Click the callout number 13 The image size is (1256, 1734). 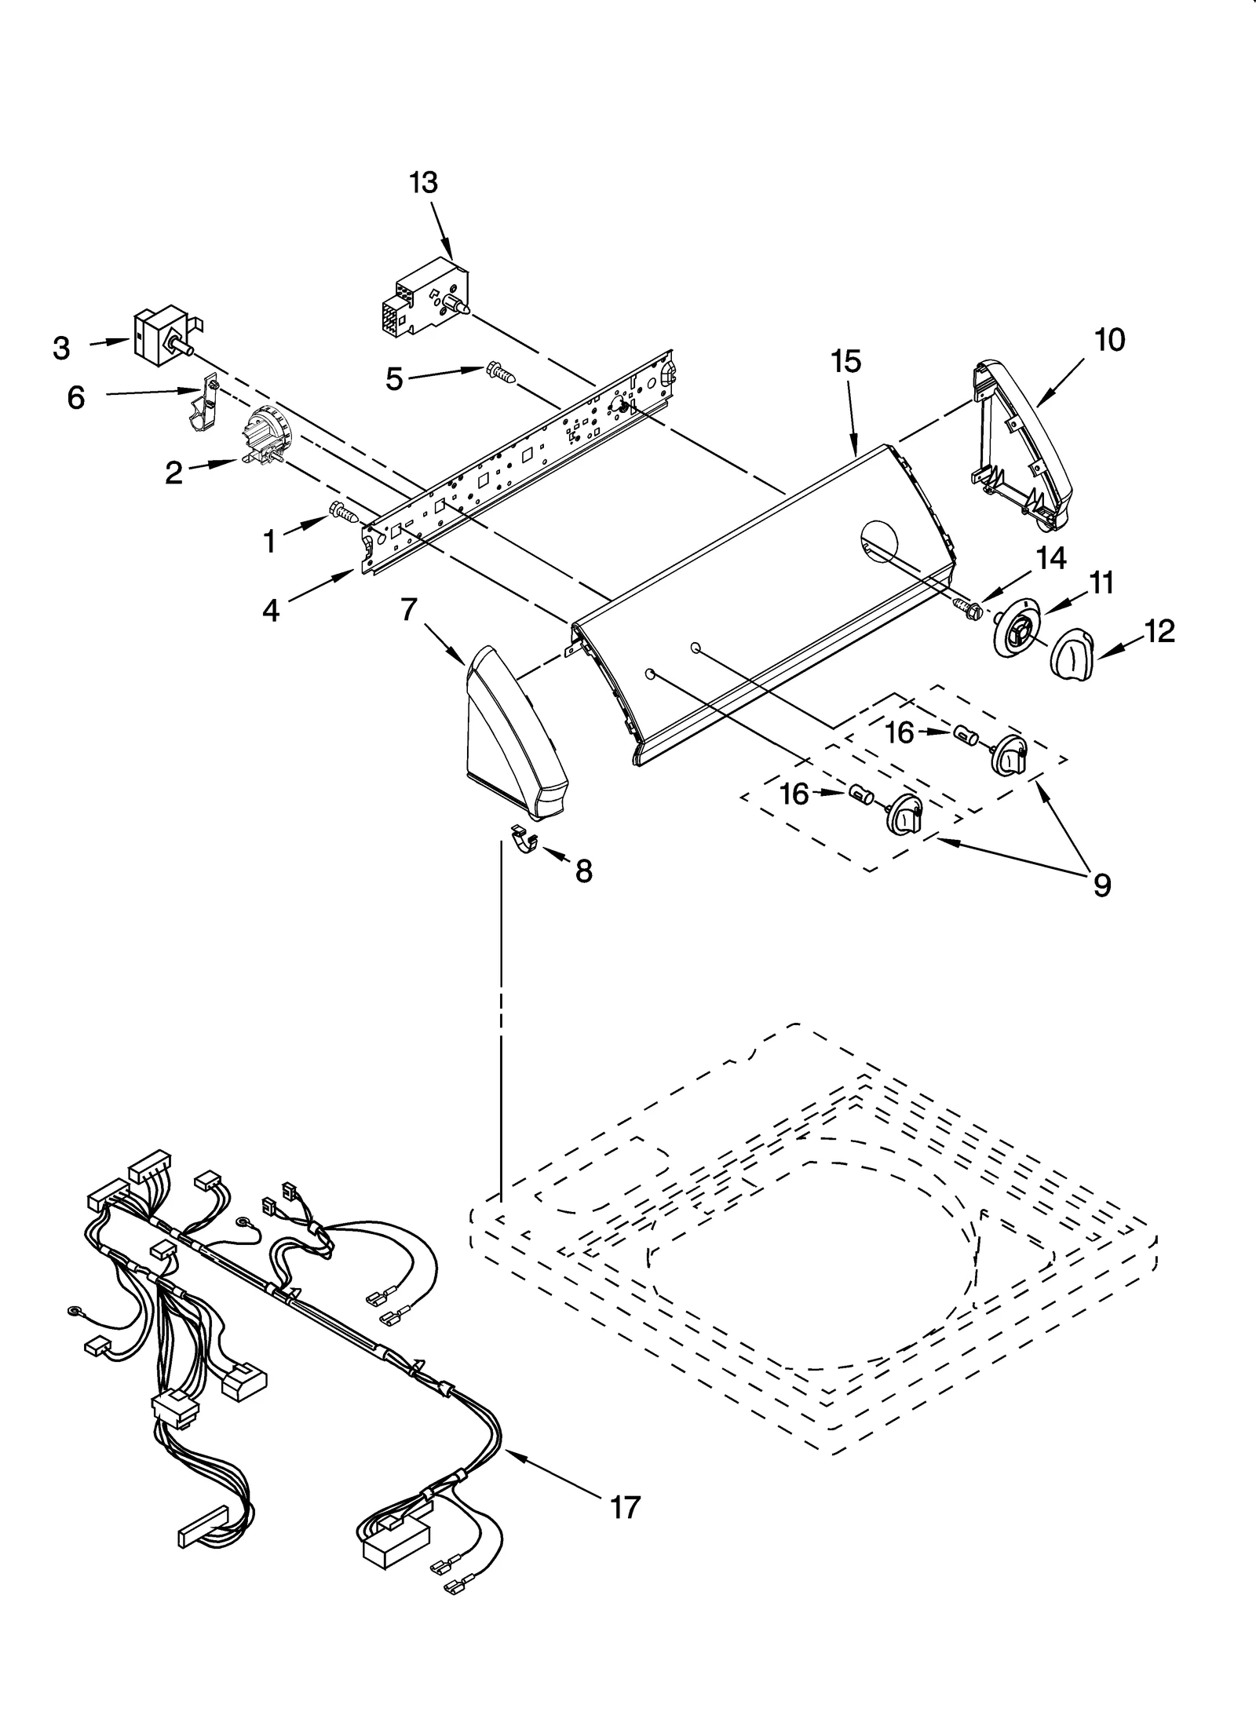pos(423,183)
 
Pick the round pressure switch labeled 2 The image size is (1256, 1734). pos(265,438)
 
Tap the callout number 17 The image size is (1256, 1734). pos(625,1506)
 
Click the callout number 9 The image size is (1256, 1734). pos(1101,885)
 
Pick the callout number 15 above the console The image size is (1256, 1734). pos(847,362)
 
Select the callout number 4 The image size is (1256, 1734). pos(270,610)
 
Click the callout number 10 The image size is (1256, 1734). pos(1109,340)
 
